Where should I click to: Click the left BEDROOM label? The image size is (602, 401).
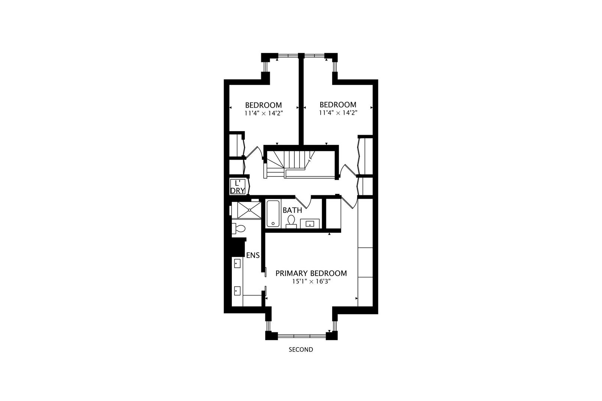[x=263, y=105]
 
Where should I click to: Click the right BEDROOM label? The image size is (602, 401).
[x=338, y=105]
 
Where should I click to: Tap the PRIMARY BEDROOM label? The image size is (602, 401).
[x=311, y=273]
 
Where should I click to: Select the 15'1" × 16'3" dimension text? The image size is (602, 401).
[x=311, y=282]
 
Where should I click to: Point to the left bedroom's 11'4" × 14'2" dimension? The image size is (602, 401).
[x=263, y=113]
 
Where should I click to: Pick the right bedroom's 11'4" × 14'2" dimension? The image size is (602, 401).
[x=338, y=113]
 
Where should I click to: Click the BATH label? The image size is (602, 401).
[x=292, y=210]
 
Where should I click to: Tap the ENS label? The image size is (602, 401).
[x=253, y=255]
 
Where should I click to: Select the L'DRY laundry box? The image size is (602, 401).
[x=237, y=187]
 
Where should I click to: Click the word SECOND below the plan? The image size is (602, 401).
[x=301, y=350]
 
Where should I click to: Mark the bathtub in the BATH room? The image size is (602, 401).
[x=272, y=213]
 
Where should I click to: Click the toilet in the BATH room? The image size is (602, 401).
[x=291, y=221]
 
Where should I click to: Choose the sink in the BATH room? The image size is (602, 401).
[x=310, y=224]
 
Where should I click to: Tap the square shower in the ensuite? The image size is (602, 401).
[x=249, y=210]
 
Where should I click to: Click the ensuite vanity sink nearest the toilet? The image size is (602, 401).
[x=237, y=264]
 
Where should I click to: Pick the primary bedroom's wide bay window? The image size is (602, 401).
[x=302, y=336]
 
